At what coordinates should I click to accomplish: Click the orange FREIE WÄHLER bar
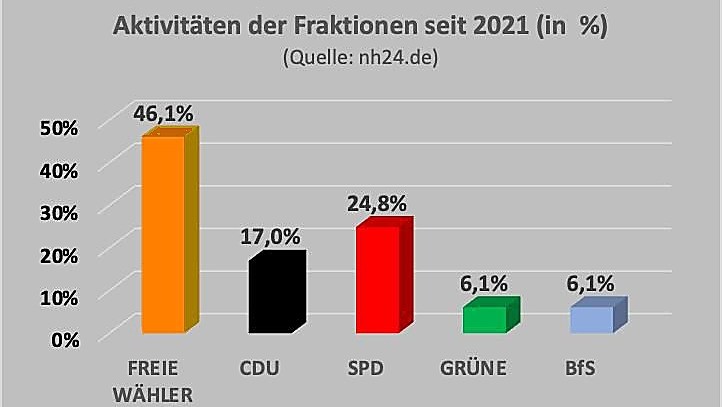163,234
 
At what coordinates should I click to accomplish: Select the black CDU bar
270,295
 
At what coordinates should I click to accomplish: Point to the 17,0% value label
270,237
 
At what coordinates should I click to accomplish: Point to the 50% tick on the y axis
60,127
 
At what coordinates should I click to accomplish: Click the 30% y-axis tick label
60,212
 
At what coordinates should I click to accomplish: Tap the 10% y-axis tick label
60,296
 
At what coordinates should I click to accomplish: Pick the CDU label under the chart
259,368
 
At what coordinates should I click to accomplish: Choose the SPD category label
365,368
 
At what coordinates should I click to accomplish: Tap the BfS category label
580,368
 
